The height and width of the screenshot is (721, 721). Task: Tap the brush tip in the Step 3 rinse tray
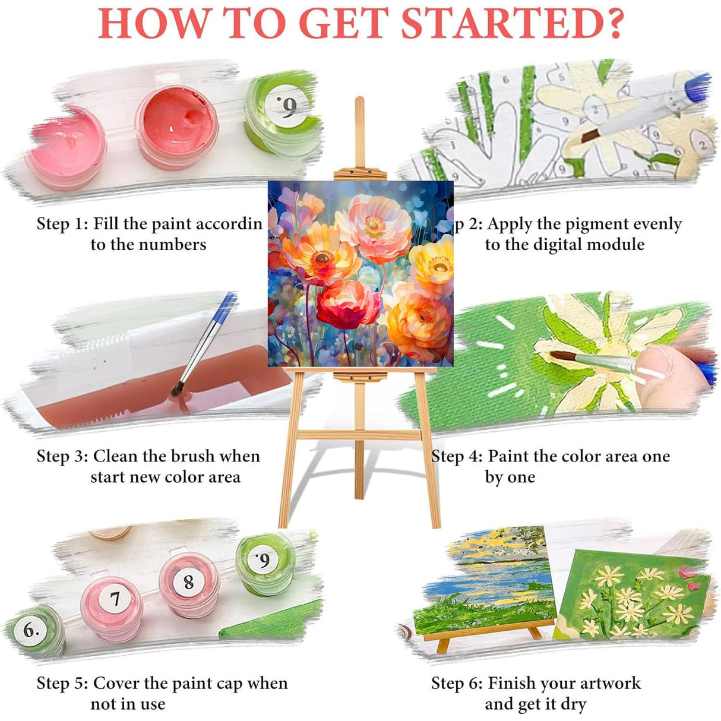(x=176, y=390)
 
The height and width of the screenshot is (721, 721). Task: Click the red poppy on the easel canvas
(x=347, y=304)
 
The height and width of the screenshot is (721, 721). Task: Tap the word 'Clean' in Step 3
(x=116, y=456)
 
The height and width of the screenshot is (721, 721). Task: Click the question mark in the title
(x=608, y=23)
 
